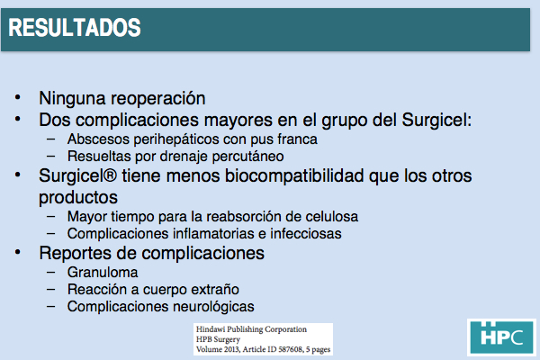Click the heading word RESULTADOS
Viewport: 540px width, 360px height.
(75, 28)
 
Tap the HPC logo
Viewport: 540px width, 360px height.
(501, 337)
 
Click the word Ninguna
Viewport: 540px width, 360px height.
(72, 98)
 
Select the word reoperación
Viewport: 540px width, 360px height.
(158, 99)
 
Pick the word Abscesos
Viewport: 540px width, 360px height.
(98, 139)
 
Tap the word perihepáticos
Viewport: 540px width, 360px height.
(175, 139)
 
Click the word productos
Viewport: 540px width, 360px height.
(78, 198)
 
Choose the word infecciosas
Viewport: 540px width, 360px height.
(305, 234)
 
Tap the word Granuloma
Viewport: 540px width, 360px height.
(103, 273)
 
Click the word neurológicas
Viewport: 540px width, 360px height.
(213, 307)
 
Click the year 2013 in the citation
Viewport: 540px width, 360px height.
(231, 349)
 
